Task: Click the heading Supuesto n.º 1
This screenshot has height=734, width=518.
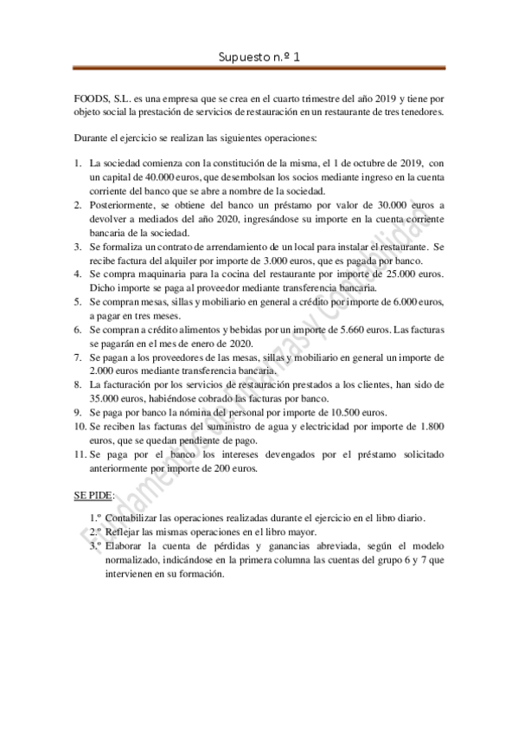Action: pos(259,59)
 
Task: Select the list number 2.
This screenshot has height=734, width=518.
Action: pos(78,204)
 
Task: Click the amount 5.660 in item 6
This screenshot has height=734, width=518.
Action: pos(346,329)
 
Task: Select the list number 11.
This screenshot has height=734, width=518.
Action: pos(80,454)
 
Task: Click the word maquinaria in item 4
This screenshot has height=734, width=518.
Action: pos(165,274)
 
